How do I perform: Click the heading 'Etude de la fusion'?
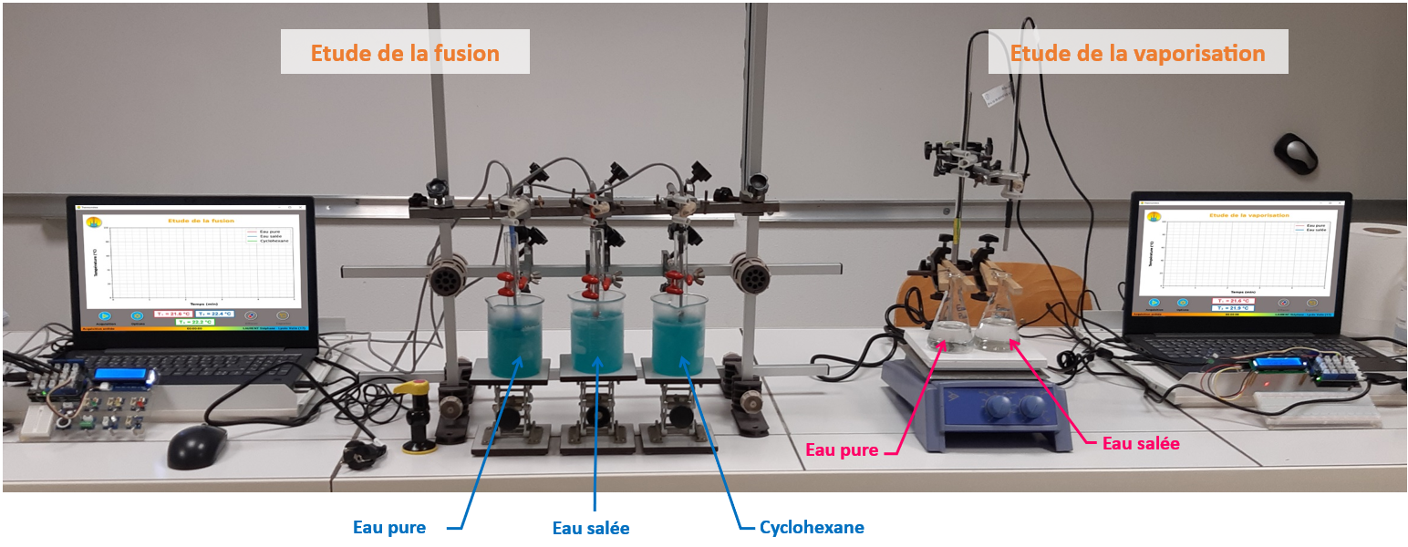(405, 53)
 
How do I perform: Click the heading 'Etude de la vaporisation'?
(1137, 53)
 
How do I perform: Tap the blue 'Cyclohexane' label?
(812, 527)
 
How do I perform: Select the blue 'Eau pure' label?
(388, 527)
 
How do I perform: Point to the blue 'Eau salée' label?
(591, 529)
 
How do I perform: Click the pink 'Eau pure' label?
(842, 449)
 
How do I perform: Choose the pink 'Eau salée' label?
(1141, 443)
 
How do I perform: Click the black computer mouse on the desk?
(196, 445)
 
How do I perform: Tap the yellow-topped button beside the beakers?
(416, 388)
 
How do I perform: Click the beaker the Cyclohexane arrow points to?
(679, 335)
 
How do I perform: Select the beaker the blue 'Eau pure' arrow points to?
(515, 335)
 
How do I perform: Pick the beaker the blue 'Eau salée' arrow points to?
(597, 335)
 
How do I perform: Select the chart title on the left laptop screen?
(201, 221)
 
